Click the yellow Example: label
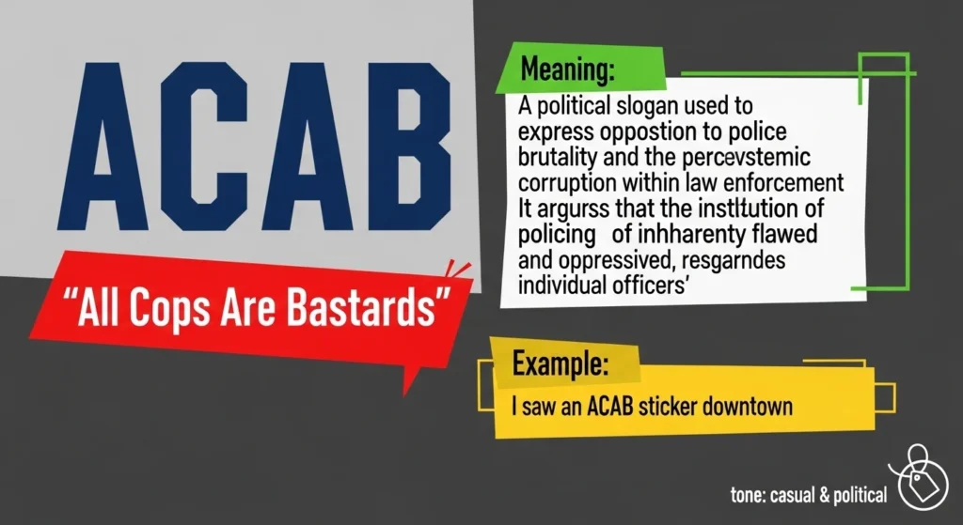[x=560, y=363]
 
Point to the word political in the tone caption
[x=856, y=494]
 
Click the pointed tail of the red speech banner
[x=410, y=380]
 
